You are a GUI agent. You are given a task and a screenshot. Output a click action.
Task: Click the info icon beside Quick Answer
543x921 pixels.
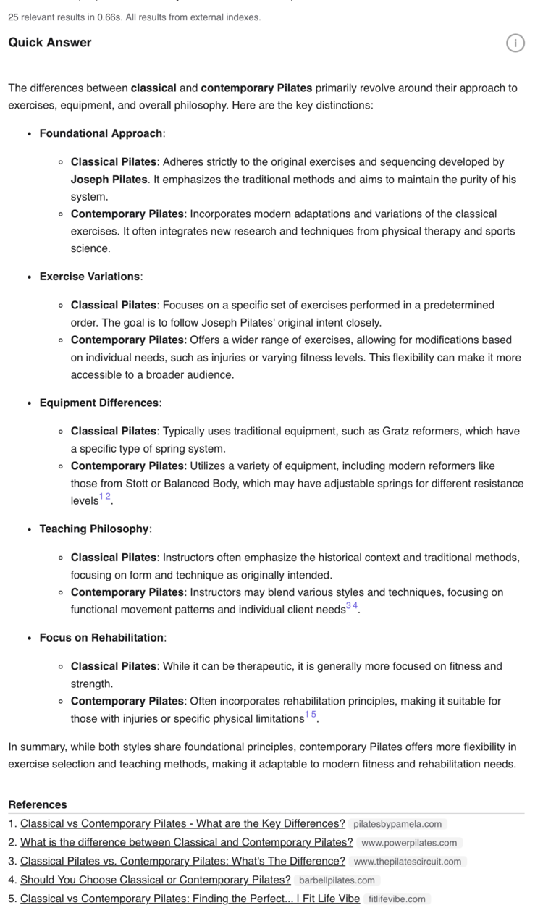[515, 43]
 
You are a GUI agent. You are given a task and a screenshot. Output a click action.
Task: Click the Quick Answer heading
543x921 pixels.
[50, 43]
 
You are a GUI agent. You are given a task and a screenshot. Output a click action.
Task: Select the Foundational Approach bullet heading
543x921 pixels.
[101, 133]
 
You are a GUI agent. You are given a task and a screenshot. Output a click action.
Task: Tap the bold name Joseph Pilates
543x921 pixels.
[109, 180]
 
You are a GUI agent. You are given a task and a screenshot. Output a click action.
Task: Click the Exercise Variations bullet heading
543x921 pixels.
[90, 277]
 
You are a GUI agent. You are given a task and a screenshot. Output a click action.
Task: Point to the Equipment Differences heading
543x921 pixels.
[99, 403]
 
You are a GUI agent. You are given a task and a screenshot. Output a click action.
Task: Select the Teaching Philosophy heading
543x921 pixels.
[94, 529]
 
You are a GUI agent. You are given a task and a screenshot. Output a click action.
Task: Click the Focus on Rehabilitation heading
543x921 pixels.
[101, 638]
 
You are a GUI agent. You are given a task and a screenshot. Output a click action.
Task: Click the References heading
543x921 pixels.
[38, 804]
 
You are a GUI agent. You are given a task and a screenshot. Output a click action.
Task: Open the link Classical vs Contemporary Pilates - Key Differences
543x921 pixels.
[182, 824]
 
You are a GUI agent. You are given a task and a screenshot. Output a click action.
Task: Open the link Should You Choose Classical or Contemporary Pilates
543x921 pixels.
[155, 880]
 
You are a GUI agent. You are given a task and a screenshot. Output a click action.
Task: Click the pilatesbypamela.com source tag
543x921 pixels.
[397, 824]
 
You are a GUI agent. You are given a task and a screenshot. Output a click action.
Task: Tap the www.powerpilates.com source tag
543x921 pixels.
[409, 843]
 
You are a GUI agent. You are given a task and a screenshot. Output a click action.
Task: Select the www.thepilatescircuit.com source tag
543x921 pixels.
[408, 862]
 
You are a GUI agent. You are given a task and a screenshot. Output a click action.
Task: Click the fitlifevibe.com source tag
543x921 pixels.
[397, 899]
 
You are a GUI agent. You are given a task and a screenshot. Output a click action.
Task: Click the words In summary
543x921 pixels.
[34, 747]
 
